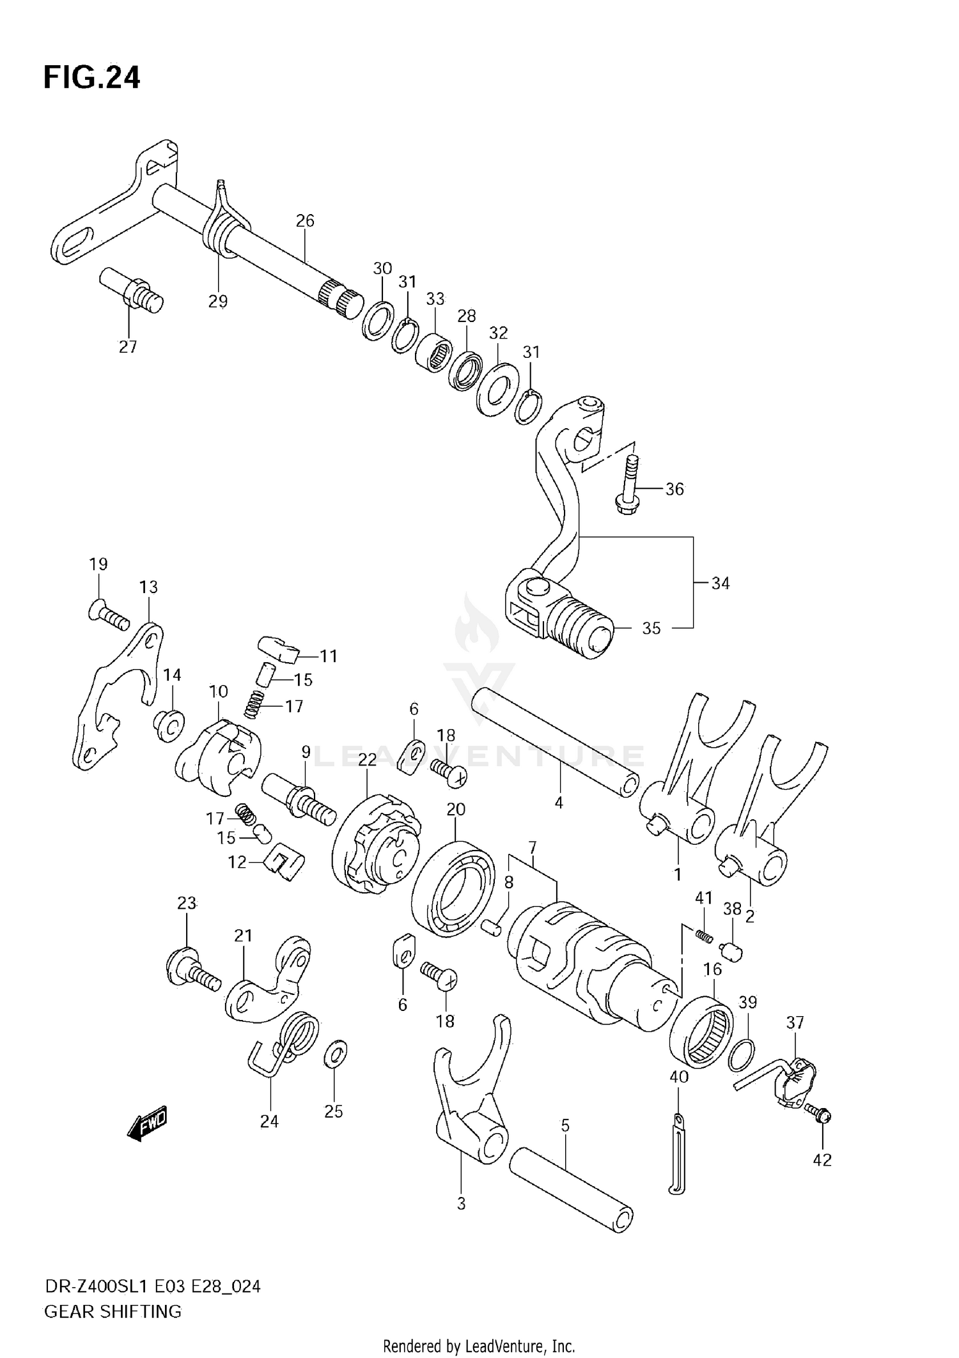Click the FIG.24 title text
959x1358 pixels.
[x=91, y=78]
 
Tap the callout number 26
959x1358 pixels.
[x=305, y=220]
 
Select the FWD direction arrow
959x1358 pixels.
[x=148, y=1123]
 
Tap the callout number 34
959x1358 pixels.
[x=720, y=583]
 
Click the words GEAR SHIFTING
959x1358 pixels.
[x=113, y=1311]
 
